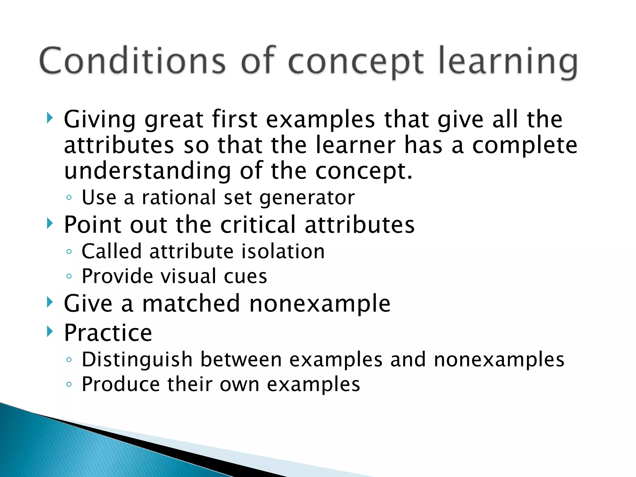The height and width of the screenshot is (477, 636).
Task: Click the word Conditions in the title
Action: [x=132, y=61]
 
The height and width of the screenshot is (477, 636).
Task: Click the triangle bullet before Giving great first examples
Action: [x=50, y=118]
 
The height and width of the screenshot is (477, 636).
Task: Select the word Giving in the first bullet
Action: [x=99, y=120]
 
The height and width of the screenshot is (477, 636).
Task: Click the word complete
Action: [x=525, y=146]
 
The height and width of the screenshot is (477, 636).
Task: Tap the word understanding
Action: [x=148, y=171]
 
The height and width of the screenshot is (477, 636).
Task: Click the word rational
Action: [x=179, y=198]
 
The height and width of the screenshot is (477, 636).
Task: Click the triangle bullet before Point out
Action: [x=50, y=223]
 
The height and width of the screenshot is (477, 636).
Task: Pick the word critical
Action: [x=258, y=225]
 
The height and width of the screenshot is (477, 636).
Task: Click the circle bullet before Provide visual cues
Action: [x=69, y=276]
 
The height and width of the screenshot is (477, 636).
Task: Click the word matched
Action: [x=191, y=303]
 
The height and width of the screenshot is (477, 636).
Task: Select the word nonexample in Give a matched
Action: [x=320, y=304]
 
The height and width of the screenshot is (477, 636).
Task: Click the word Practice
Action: [x=108, y=333]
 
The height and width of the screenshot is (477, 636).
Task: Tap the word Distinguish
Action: [x=137, y=360]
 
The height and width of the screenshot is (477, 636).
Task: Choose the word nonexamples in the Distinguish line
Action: [x=499, y=360]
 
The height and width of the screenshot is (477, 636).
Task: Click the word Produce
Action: [x=121, y=384]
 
